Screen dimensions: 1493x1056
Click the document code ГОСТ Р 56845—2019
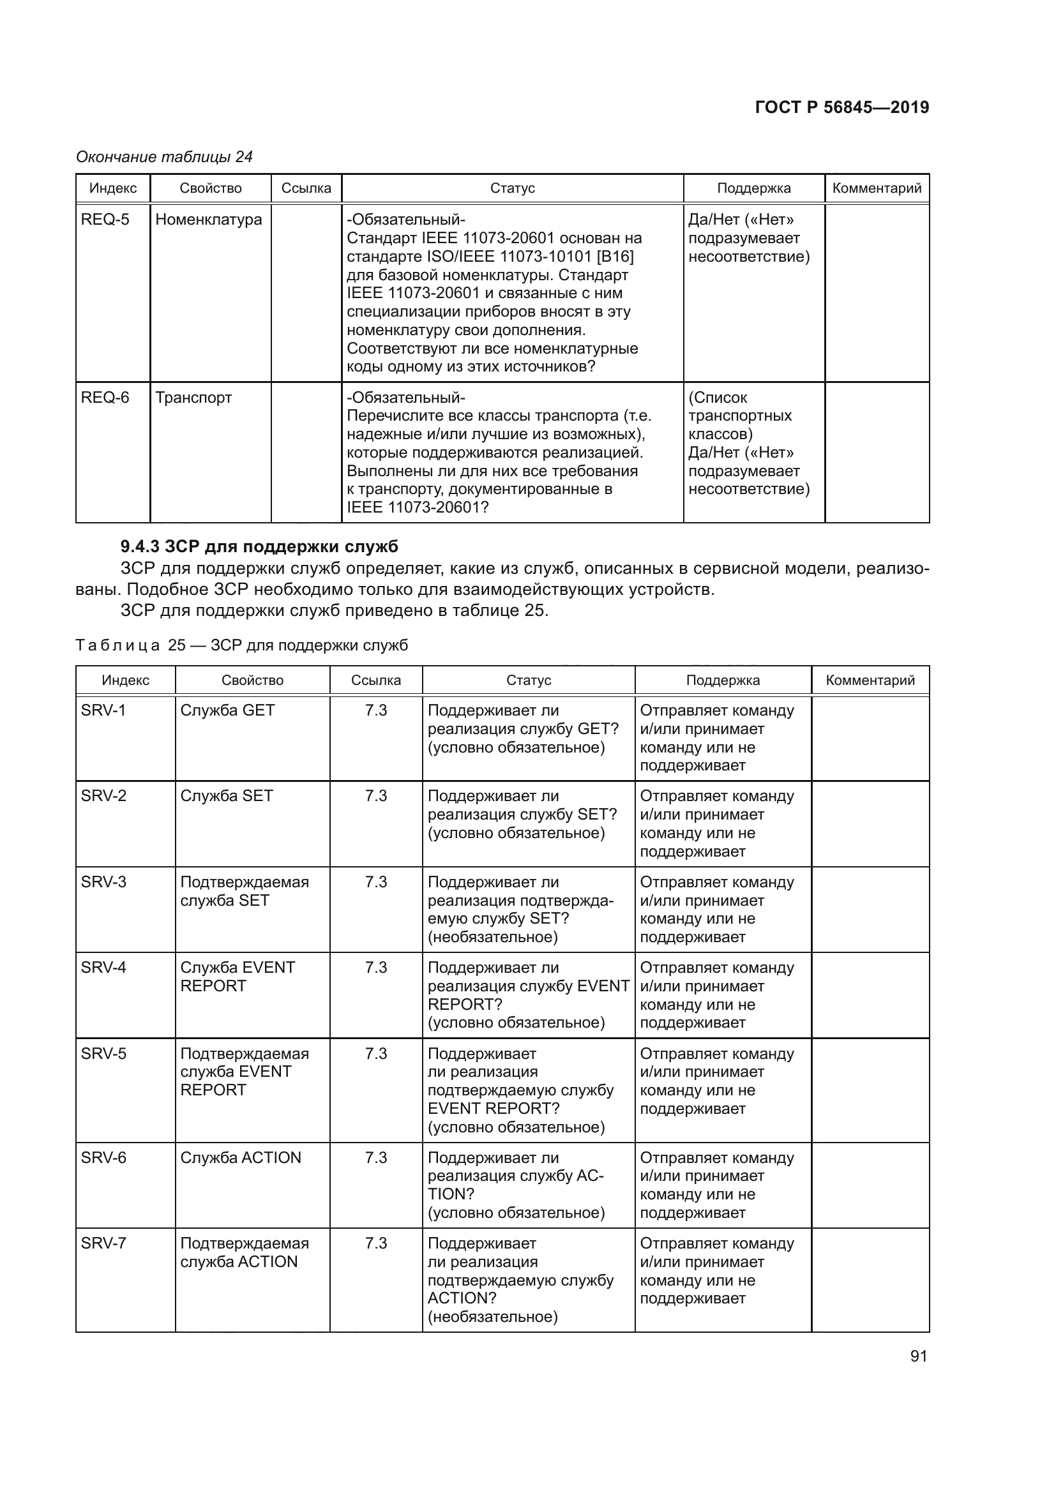[841, 107]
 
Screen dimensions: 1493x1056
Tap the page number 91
[918, 1356]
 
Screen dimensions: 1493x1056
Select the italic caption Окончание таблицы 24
[164, 157]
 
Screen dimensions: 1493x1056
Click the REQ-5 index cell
[105, 220]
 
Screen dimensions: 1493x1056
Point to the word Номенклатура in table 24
[208, 220]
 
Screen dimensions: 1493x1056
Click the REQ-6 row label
[105, 397]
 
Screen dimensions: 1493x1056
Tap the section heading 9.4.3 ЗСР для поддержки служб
[259, 546]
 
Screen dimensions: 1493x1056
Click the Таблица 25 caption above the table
[242, 645]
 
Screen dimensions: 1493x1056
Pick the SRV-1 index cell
[103, 710]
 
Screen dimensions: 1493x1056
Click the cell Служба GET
[227, 710]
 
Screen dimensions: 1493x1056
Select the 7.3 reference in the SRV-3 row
[376, 882]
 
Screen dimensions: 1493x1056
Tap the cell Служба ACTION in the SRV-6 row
[241, 1157]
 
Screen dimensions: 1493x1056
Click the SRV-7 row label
[103, 1243]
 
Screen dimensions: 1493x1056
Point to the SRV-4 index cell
[103, 968]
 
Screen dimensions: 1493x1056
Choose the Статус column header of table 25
[528, 680]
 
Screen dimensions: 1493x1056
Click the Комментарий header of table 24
[877, 188]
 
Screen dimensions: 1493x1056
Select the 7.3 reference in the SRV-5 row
[376, 1053]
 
